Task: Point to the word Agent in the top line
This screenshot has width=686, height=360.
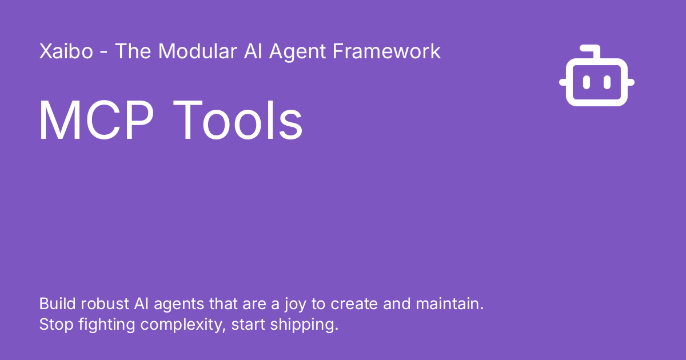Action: coord(298,51)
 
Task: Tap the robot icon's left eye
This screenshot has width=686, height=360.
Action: coord(587,82)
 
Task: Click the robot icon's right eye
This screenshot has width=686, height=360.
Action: coord(607,82)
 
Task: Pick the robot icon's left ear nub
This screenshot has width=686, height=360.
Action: coord(563,82)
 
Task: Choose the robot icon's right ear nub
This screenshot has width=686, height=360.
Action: coord(631,82)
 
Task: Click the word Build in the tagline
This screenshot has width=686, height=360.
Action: coord(54,303)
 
